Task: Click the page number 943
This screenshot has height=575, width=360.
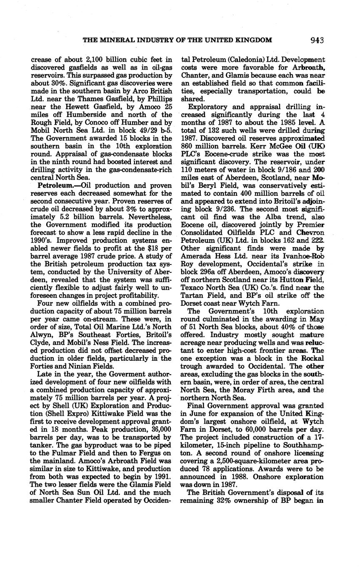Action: click(317, 40)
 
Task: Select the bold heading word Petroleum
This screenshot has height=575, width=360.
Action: click(53, 185)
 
